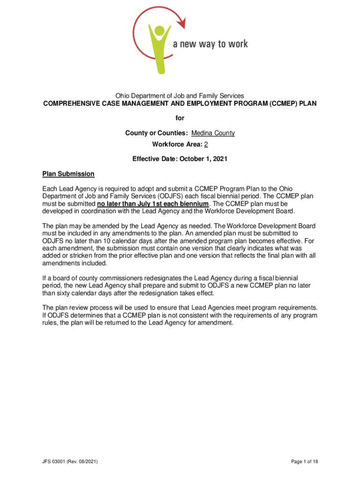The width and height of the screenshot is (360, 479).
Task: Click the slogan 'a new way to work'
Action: (210, 44)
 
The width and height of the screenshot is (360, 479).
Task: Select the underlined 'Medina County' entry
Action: (213, 133)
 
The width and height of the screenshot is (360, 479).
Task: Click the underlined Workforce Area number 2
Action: (206, 144)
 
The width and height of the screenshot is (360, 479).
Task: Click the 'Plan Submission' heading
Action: (68, 174)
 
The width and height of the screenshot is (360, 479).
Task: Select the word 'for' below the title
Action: (180, 119)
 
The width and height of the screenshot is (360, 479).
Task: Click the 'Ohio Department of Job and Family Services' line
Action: (180, 96)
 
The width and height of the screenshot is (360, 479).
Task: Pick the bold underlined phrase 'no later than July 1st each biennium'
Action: (152, 204)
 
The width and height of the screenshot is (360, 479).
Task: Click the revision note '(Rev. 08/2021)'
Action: (84, 462)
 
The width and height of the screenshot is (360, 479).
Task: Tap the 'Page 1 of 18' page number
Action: (304, 462)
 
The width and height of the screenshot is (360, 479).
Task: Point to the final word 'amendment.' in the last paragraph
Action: (215, 322)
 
